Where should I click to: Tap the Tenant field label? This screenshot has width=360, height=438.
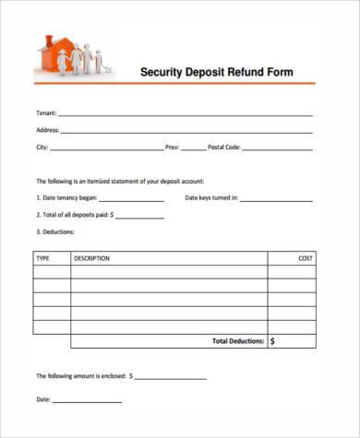pos(45,113)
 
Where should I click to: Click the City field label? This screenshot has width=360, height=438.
pos(42,148)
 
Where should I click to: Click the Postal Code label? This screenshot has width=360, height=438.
pos(224,148)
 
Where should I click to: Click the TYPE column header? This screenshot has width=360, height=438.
pos(43,259)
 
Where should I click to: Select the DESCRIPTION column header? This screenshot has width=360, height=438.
pos(92,259)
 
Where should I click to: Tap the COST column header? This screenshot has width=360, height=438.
pos(306,259)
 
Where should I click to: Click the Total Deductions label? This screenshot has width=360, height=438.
pos(238,341)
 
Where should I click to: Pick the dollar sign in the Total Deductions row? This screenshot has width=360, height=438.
pos(273,341)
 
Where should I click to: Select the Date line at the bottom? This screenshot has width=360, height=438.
pos(87,401)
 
